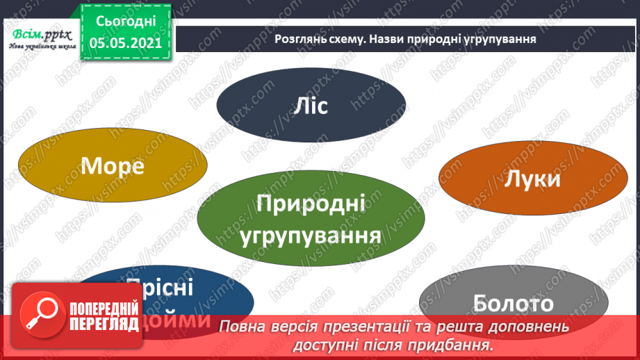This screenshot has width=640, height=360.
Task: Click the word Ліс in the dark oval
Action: click(x=310, y=106)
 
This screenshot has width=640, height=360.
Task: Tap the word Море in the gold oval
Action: click(x=113, y=165)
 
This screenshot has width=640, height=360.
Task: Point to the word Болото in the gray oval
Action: click(x=513, y=303)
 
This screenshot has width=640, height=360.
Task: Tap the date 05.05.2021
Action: click(x=126, y=42)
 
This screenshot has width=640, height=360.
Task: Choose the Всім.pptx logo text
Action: click(x=39, y=34)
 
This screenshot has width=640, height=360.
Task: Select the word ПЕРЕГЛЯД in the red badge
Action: click(x=104, y=323)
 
